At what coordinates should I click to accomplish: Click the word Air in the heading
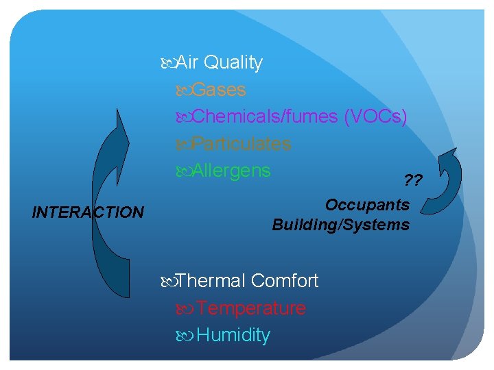[x=187, y=63]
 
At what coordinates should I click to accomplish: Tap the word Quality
[x=233, y=63]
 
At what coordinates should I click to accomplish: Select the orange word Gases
[x=220, y=90]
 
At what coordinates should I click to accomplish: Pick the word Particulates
[x=241, y=144]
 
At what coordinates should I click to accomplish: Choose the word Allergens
[x=231, y=170]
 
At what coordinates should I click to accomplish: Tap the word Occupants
[x=367, y=205]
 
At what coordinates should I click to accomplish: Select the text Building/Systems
[x=341, y=225]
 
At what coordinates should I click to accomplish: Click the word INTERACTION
[x=88, y=212]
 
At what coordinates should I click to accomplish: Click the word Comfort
[x=285, y=281]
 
